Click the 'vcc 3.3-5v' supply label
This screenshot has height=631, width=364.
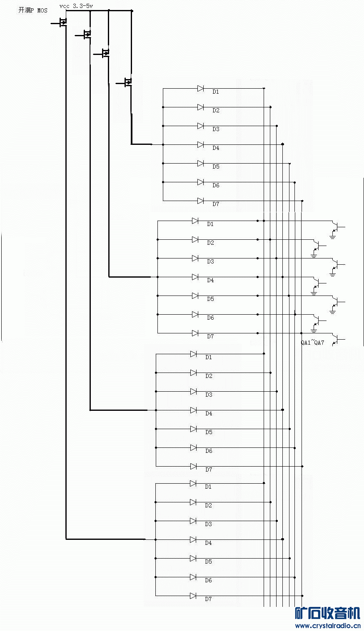point(76,6)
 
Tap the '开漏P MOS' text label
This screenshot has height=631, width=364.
point(33,10)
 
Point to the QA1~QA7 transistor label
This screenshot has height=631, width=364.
point(312,343)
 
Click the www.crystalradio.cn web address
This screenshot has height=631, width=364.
point(328,626)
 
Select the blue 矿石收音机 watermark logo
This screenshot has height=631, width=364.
point(328,613)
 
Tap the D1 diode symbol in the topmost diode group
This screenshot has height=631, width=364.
point(200,89)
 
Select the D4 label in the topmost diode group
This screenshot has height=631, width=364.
point(216,148)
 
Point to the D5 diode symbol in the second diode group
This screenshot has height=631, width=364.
point(195,296)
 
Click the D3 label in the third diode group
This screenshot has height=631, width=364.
point(209,395)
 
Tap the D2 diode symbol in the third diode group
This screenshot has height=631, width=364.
point(193,373)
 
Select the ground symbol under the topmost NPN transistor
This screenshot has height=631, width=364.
point(333,237)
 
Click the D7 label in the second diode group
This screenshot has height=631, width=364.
point(210,336)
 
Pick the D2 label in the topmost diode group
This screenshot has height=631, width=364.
point(216,110)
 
